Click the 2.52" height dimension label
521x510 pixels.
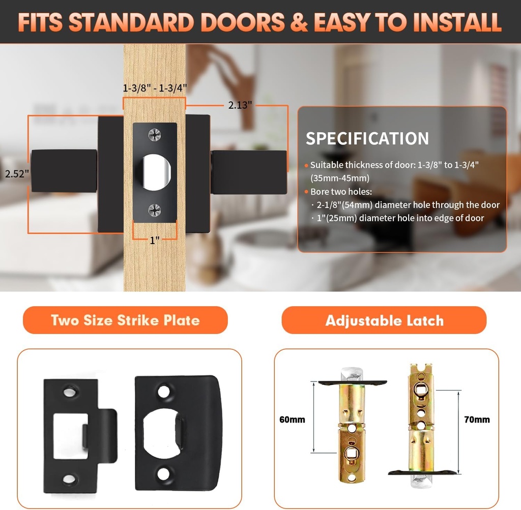pyautogui.click(x=17, y=174)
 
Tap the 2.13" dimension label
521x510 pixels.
pyautogui.click(x=240, y=105)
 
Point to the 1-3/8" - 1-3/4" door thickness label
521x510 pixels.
pyautogui.click(x=155, y=88)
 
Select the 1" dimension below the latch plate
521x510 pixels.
pyautogui.click(x=155, y=240)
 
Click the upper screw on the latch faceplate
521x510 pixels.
pyautogui.click(x=155, y=134)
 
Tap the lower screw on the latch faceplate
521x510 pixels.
pyautogui.click(x=155, y=210)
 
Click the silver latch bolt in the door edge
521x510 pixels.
pyautogui.click(x=156, y=172)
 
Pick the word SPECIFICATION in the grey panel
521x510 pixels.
pyautogui.click(x=367, y=138)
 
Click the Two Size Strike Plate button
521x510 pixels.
pyautogui.click(x=125, y=320)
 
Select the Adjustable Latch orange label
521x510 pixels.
pyautogui.click(x=384, y=320)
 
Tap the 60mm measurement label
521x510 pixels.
pyautogui.click(x=292, y=419)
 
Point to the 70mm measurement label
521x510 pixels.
pyautogui.click(x=477, y=419)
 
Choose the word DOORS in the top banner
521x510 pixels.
pyautogui.click(x=243, y=22)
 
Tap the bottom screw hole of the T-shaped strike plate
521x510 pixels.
pyautogui.click(x=69, y=479)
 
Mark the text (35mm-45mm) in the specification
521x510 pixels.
pyautogui.click(x=340, y=178)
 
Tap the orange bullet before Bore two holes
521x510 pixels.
pyautogui.click(x=306, y=192)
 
